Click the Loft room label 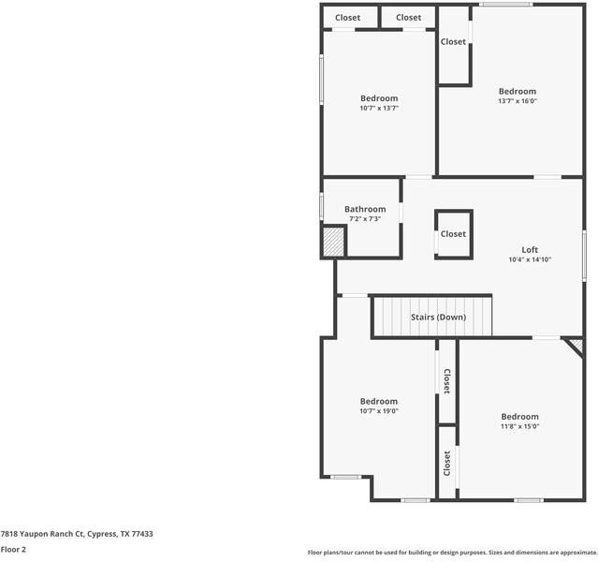[x=530, y=249]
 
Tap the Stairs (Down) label [x=438, y=317]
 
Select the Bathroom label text [x=365, y=209]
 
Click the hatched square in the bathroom [x=333, y=242]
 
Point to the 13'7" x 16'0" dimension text [x=517, y=101]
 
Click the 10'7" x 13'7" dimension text [x=379, y=108]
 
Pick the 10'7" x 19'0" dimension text [x=379, y=410]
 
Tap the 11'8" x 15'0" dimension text [x=519, y=426]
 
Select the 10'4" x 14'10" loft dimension [x=530, y=259]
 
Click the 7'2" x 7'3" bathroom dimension [x=365, y=218]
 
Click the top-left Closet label [x=348, y=18]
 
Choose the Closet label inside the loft [x=454, y=234]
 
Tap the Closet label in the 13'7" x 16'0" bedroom [x=454, y=41]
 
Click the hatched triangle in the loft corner [x=577, y=345]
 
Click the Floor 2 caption [x=13, y=549]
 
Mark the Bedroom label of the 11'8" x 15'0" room [x=519, y=417]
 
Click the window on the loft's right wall [x=584, y=254]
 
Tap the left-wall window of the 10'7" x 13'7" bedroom [x=322, y=79]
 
